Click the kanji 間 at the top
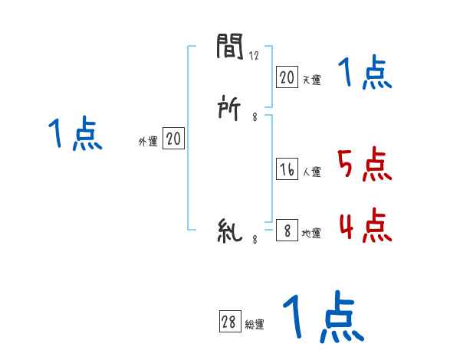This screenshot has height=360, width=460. coord(230,48)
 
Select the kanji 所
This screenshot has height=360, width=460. coord(230,110)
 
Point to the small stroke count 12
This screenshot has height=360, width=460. coord(255,56)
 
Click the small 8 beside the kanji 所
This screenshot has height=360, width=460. coord(254,117)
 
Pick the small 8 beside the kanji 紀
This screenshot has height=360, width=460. coord(254,240)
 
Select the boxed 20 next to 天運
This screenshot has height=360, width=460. coord(287,77)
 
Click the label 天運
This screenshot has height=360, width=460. coord(312,80)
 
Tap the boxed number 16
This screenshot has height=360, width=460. coord(287,170)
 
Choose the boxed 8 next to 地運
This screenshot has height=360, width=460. coord(287,231)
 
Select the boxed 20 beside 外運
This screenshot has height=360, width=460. coord(173,139)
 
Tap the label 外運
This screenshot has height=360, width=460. coord(147,142)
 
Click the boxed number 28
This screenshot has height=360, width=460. coord(229,322)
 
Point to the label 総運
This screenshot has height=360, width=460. coord(255,326)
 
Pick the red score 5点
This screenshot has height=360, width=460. coord(365,164)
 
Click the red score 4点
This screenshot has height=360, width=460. coord(365,225)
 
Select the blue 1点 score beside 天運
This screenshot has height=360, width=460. coord(365,74)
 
